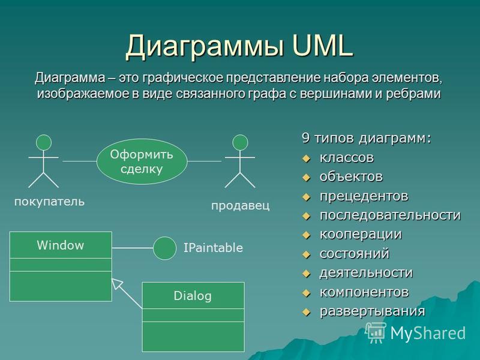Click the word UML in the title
click(322, 46)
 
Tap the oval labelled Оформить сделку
click(142, 161)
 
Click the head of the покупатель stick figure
click(44, 142)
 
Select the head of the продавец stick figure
click(240, 142)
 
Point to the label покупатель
click(50, 202)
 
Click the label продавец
click(241, 205)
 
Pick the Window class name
click(61, 245)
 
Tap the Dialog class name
click(193, 296)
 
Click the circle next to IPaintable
click(164, 248)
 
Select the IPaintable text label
click(213, 248)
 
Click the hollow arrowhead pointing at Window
click(116, 283)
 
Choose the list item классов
click(347, 158)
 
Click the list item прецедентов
click(364, 196)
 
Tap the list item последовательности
click(390, 215)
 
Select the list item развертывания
click(373, 311)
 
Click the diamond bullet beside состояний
click(306, 254)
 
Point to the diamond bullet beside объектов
click(306, 178)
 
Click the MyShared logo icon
click(376, 333)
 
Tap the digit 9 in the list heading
click(305, 138)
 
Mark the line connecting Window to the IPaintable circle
click(133, 248)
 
